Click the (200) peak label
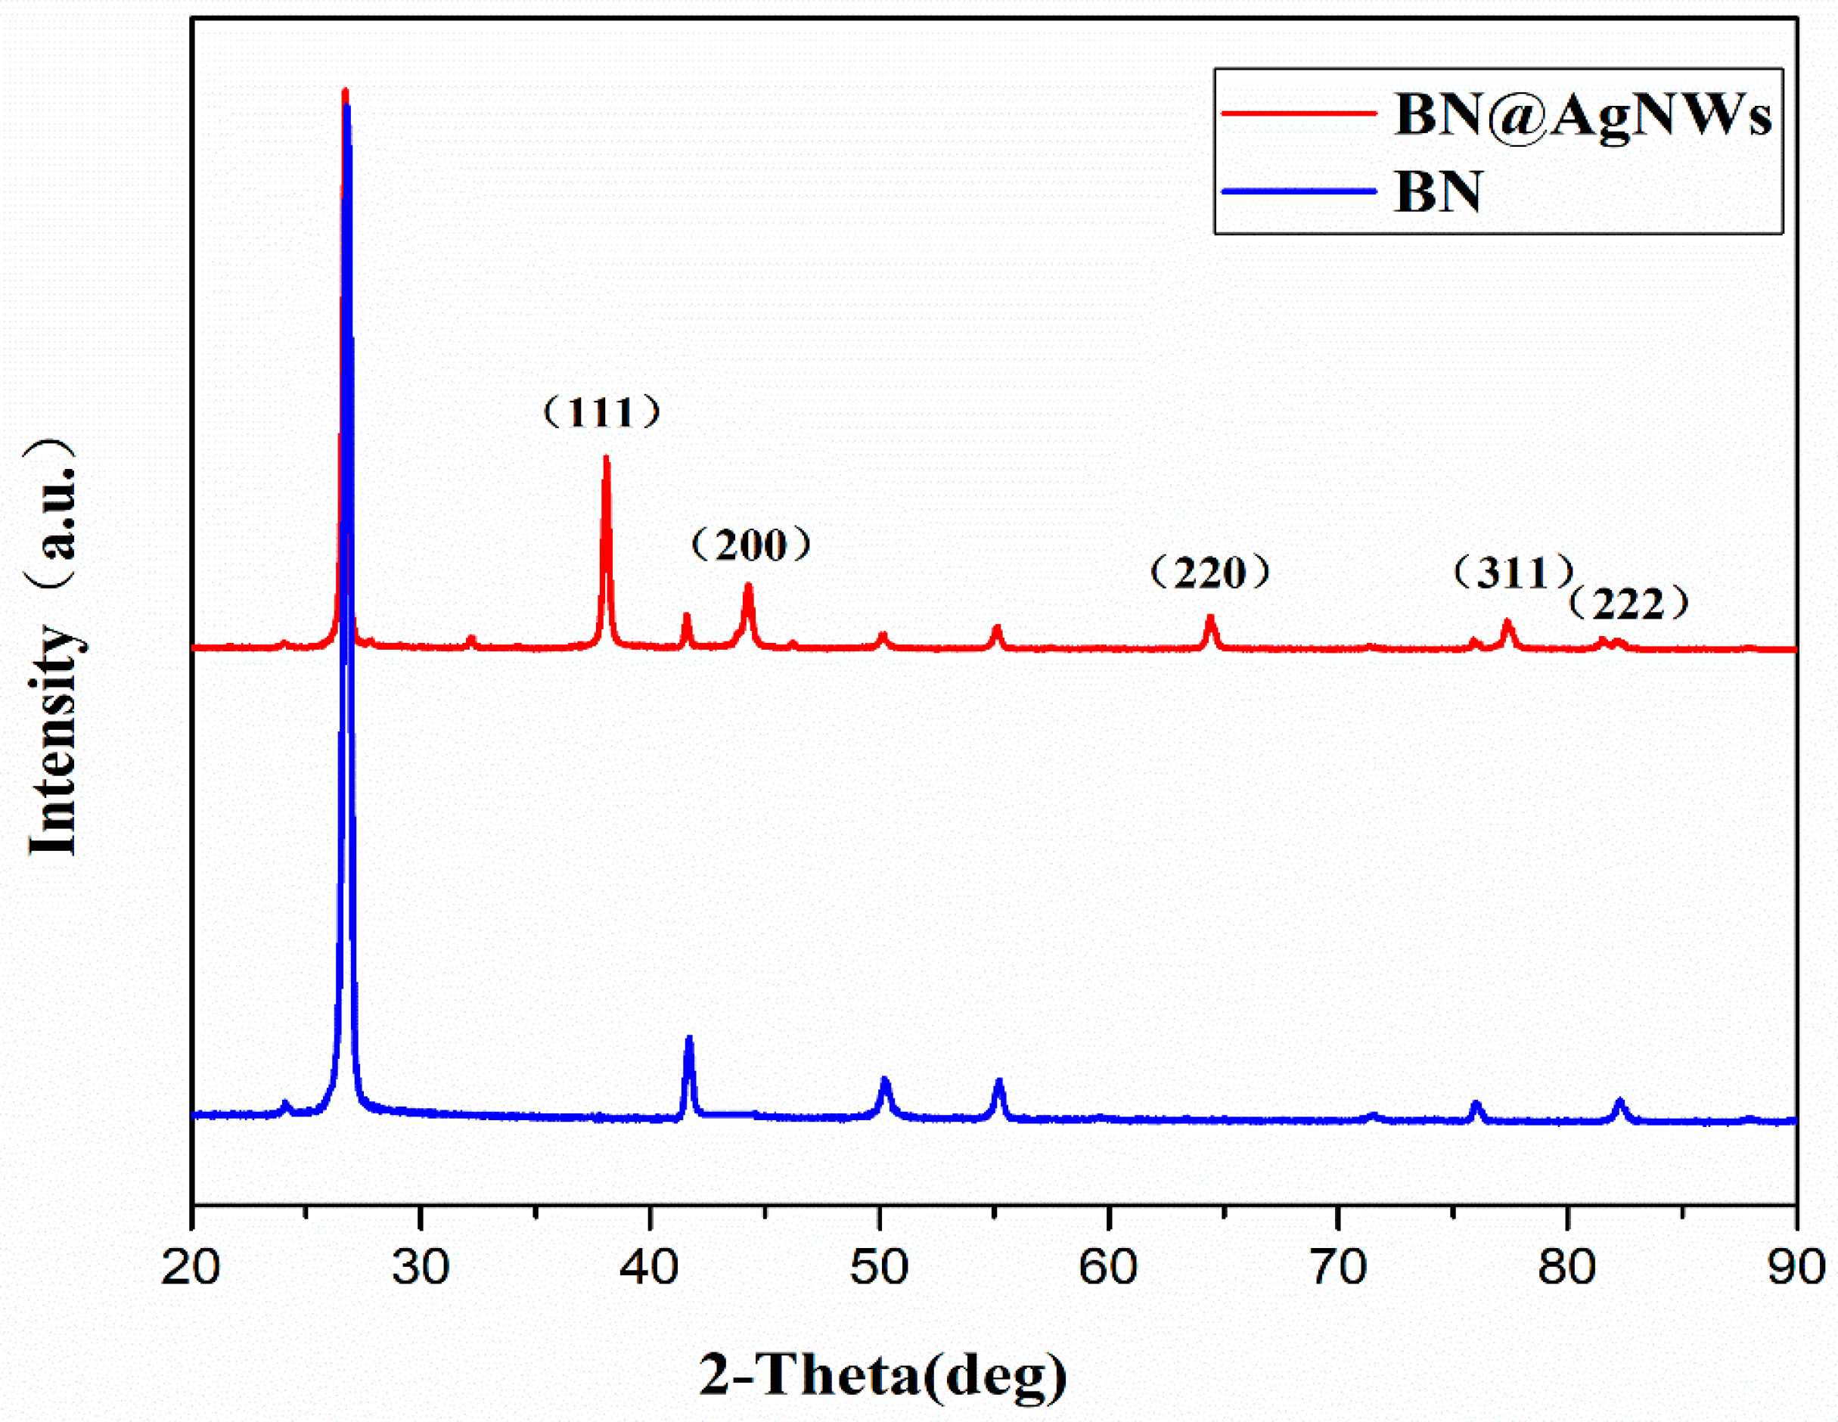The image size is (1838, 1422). tap(752, 545)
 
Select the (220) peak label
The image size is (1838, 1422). tap(1209, 573)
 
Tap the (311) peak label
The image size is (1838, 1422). tap(1514, 573)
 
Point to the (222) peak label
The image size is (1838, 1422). tap(1629, 604)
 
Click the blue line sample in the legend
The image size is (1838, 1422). tap(1299, 191)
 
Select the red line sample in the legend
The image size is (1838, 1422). tap(1299, 113)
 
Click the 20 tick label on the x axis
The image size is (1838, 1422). tap(191, 1267)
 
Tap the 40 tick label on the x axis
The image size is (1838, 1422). tap(649, 1267)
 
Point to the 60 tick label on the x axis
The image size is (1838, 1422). tap(1108, 1267)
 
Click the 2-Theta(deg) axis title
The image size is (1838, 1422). tap(883, 1376)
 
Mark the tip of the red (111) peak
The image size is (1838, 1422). tap(606, 458)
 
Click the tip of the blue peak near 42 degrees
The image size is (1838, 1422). tap(689, 1039)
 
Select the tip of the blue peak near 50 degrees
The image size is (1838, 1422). tap(884, 1079)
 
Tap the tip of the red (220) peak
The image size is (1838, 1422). tap(1211, 618)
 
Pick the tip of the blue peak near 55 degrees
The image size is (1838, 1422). tap(999, 1081)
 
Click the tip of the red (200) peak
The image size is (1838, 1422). tap(747, 585)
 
